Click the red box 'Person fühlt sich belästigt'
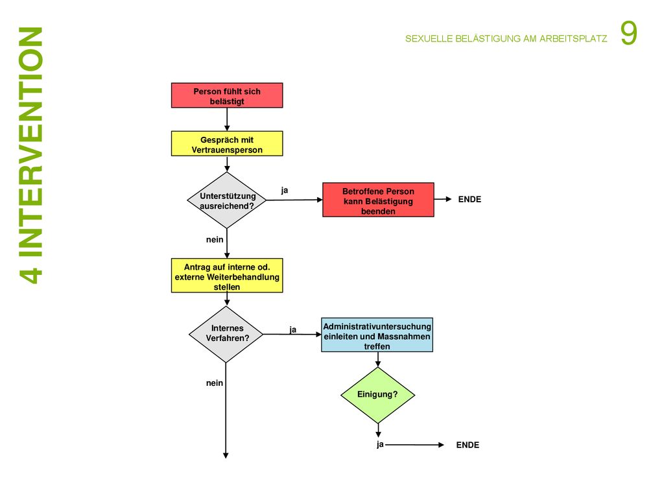click(x=227, y=95)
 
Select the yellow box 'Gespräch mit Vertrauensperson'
click(x=227, y=143)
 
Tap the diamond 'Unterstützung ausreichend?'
click(x=227, y=200)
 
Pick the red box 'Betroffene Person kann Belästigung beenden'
click(x=378, y=200)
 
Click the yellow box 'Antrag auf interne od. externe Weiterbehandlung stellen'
click(x=227, y=276)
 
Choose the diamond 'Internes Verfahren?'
click(x=226, y=334)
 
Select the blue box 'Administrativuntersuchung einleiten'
click(x=377, y=335)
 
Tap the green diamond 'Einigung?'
click(x=378, y=395)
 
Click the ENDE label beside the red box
click(x=469, y=200)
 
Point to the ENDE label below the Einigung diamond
click(x=468, y=445)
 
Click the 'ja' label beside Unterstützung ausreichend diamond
click(x=285, y=191)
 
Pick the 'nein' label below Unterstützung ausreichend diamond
click(x=215, y=240)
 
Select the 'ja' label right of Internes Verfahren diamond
click(x=293, y=329)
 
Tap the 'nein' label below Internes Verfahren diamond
click(x=215, y=383)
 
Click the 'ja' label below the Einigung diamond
click(x=380, y=444)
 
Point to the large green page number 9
click(x=629, y=33)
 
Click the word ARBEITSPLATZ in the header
click(x=573, y=38)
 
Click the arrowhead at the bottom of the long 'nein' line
click(x=226, y=456)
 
